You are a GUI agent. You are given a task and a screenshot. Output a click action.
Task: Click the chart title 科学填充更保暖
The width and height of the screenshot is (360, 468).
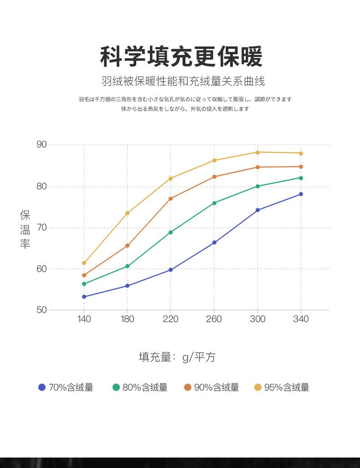[x=181, y=57]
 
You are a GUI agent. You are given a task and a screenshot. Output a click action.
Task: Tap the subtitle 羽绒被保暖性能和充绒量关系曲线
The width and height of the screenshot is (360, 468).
[x=183, y=82]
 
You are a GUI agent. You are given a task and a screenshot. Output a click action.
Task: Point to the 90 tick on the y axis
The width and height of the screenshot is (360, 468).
[x=41, y=145]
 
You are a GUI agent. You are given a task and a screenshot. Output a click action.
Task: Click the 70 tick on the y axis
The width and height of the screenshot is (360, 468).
[x=41, y=227]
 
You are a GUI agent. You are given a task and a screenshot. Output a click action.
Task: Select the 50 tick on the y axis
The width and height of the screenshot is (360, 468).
[x=41, y=310]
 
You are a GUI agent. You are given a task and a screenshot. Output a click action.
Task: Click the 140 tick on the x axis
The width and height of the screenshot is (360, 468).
[x=84, y=319]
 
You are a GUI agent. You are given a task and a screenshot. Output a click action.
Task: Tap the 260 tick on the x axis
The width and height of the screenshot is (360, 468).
[x=214, y=319]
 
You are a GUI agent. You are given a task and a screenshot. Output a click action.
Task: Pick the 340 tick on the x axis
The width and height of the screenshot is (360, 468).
[x=301, y=319]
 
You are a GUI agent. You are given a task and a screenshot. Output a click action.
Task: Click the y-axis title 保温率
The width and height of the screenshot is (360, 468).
[x=25, y=229]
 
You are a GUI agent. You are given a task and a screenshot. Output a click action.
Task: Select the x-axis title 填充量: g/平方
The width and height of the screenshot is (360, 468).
[x=177, y=357]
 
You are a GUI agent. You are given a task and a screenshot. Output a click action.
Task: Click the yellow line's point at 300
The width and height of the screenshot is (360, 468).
[x=257, y=152]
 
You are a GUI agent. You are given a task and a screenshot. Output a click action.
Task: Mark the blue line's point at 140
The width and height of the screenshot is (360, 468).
[x=84, y=297]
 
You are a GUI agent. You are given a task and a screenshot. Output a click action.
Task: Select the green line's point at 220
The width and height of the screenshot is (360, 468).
[x=170, y=232]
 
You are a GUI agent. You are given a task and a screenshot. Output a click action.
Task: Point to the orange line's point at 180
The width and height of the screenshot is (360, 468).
[x=127, y=246]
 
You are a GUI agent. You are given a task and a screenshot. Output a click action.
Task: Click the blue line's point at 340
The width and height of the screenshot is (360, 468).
[x=301, y=194]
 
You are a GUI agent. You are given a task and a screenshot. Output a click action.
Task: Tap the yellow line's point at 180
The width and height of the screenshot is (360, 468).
[x=127, y=213]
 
